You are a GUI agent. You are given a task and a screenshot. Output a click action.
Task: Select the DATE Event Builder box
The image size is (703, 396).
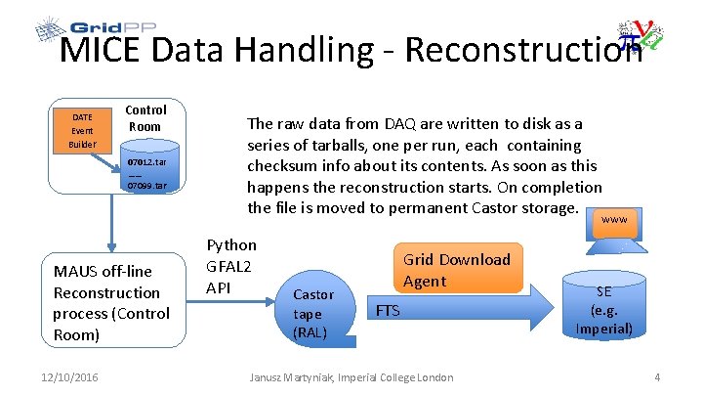(82, 131)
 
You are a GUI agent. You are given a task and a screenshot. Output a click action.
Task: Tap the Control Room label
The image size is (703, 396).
(145, 118)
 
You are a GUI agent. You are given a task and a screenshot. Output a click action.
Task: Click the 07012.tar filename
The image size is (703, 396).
(147, 161)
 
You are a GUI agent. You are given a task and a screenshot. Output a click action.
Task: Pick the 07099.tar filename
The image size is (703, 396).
(147, 185)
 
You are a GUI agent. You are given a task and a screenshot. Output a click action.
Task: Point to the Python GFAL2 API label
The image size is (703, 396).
(232, 266)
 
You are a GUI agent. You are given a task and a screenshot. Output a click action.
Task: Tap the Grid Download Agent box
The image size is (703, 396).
(456, 270)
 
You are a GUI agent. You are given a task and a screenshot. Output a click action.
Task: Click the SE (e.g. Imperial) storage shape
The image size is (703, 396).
(603, 309)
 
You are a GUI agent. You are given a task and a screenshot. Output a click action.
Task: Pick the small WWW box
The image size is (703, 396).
(614, 220)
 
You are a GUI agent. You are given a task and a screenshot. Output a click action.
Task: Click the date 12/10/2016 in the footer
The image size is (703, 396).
(70, 377)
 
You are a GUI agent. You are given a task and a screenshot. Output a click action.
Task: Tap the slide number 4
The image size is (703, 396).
(657, 377)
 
